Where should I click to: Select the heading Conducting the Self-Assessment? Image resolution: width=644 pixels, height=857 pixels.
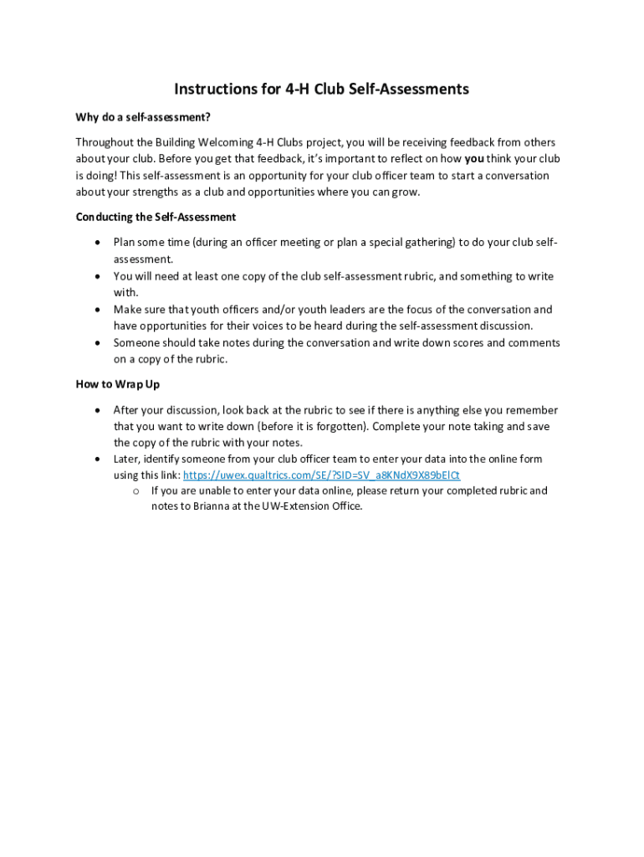tap(156, 218)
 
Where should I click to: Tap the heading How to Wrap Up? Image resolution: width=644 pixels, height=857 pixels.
tap(117, 384)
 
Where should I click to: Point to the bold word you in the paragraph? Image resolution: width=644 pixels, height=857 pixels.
tap(474, 159)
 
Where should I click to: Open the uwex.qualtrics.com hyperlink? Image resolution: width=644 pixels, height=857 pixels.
tap(321, 475)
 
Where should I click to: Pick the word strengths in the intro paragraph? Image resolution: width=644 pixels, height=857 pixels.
tap(157, 192)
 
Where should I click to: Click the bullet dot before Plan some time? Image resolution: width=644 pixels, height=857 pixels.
tap(98, 243)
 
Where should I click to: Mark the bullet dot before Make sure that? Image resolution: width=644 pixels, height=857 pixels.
tap(98, 310)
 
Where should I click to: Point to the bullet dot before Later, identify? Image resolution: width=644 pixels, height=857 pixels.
tap(98, 459)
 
